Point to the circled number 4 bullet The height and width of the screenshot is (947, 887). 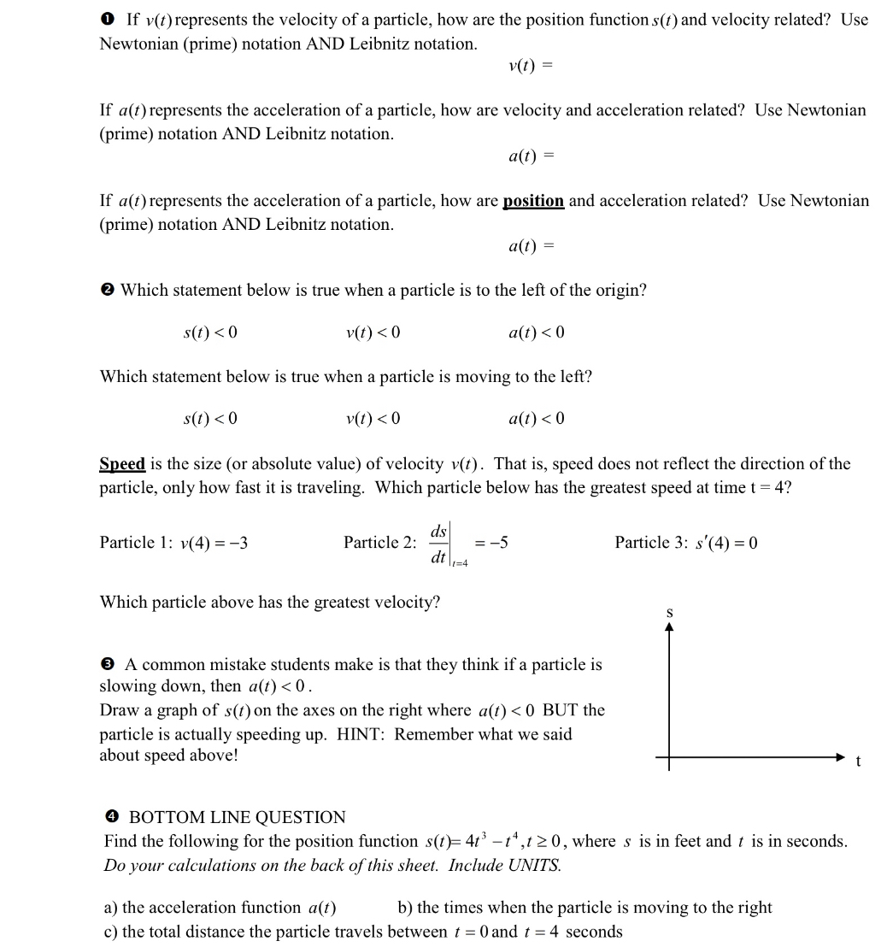111,818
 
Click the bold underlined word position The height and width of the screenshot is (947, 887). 533,202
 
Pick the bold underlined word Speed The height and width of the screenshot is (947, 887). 122,464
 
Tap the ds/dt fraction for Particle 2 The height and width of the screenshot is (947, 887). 438,544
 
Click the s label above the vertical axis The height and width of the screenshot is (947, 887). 669,612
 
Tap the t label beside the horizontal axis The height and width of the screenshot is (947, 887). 859,763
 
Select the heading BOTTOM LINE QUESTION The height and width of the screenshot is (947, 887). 237,818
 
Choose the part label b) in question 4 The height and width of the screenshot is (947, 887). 406,908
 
